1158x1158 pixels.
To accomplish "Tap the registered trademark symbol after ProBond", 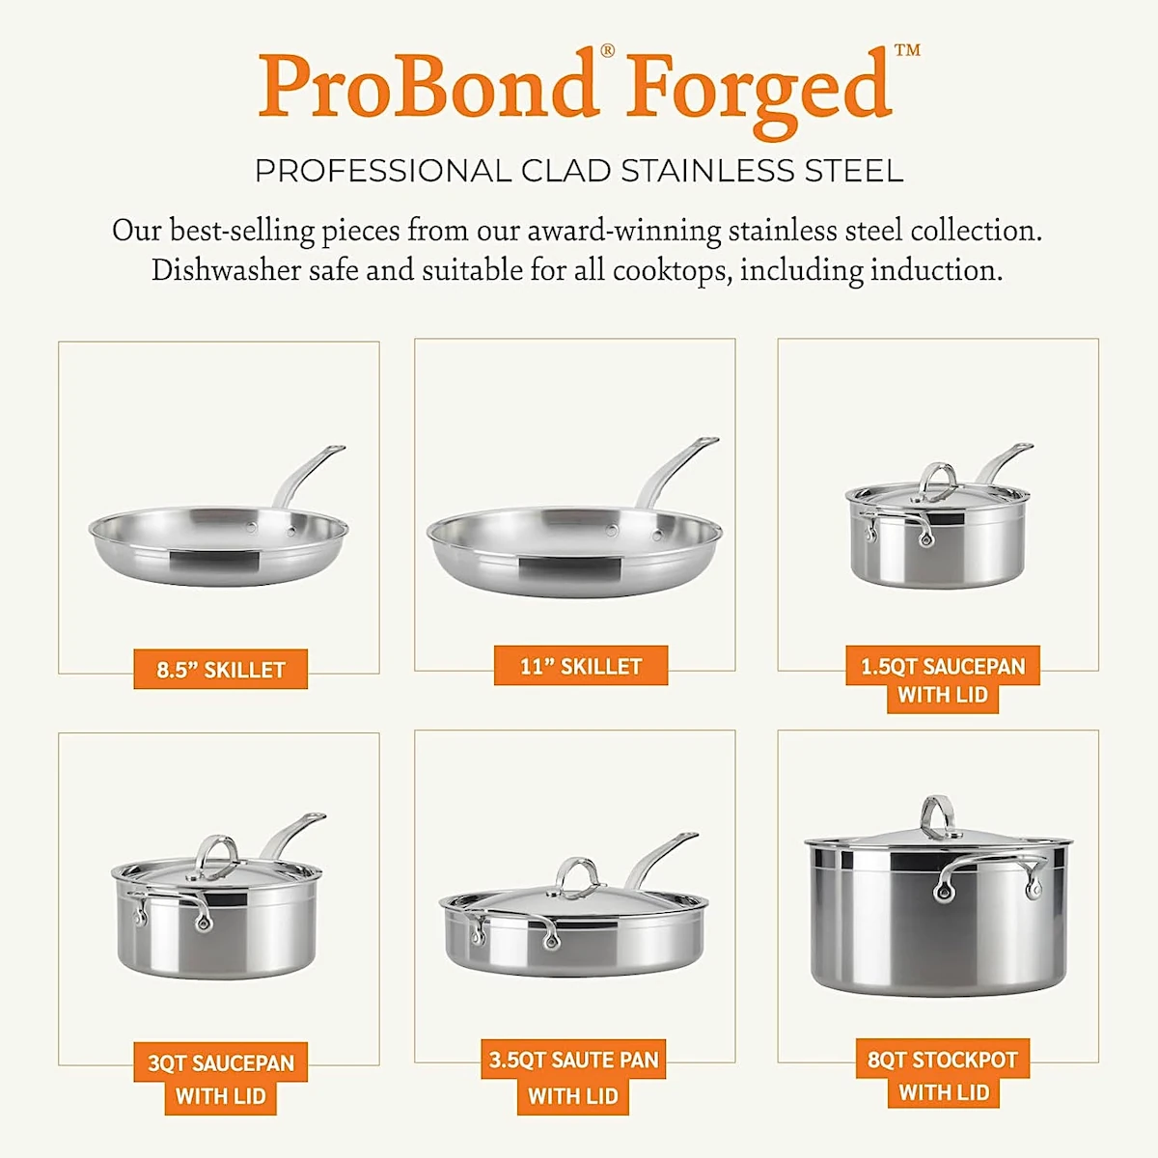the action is [608, 50].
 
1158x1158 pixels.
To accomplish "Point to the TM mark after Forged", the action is [907, 50].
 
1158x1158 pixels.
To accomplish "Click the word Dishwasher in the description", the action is [226, 270].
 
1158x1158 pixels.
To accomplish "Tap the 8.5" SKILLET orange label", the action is [221, 670].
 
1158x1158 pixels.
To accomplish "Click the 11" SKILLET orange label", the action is [581, 666].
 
